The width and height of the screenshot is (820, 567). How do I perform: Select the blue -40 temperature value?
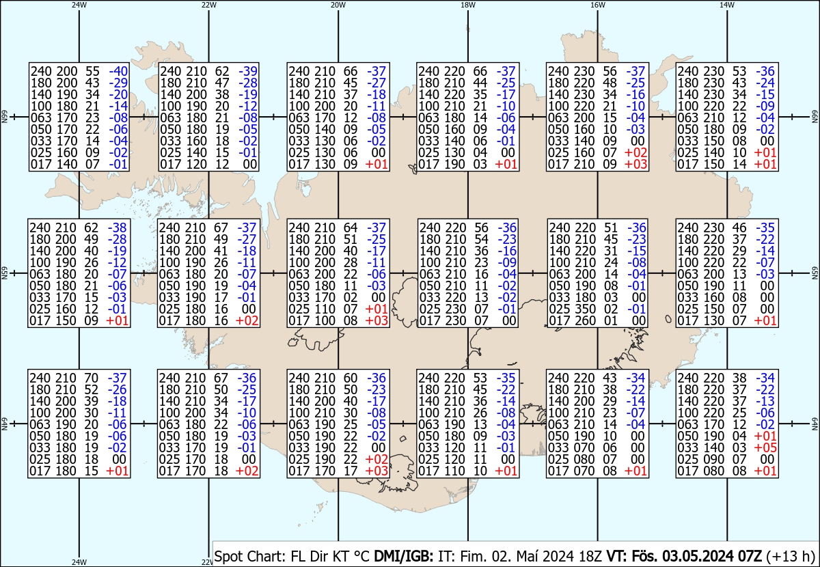tap(119, 70)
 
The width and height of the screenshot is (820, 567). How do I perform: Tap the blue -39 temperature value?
tap(248, 70)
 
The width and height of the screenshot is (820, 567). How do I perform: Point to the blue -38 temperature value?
tap(119, 227)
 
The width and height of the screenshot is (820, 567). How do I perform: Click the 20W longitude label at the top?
tap(338, 5)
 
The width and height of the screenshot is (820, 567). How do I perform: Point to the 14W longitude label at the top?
tap(726, 5)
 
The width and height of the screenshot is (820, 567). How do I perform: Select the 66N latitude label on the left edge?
tap(4, 117)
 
